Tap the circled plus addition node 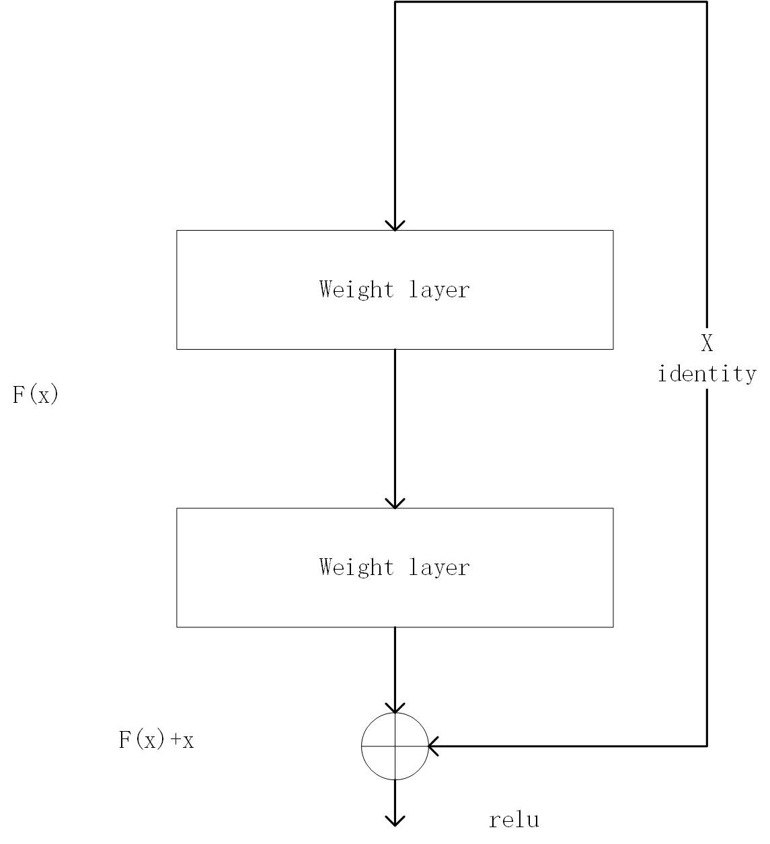(395, 746)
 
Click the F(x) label (36, 395)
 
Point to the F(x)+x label (157, 740)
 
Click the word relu (514, 820)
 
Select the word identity (707, 373)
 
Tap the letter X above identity (707, 344)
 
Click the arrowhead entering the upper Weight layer (395, 225)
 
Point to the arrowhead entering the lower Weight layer (395, 503)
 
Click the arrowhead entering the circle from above (395, 708)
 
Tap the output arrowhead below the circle (395, 820)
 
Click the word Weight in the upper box (356, 290)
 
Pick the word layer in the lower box (439, 568)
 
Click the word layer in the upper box (439, 290)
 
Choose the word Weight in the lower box (356, 568)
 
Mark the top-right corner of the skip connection (707, 2)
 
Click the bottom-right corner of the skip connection (707, 746)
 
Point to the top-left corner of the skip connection (395, 2)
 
